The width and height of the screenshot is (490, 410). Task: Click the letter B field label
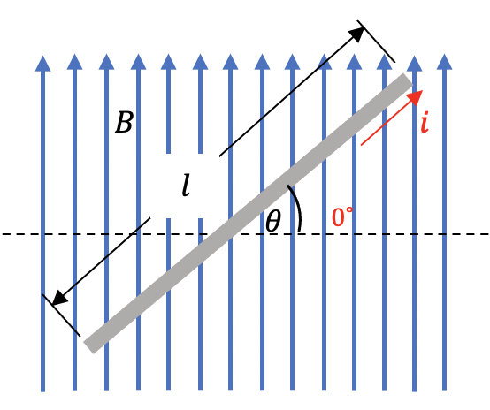(125, 122)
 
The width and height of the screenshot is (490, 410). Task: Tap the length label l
(186, 186)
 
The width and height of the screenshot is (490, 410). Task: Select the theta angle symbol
(273, 220)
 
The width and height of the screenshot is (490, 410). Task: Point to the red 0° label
(342, 216)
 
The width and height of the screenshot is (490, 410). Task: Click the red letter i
(425, 122)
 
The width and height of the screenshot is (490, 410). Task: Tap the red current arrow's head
(416, 97)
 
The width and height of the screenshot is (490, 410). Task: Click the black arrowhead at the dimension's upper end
(356, 34)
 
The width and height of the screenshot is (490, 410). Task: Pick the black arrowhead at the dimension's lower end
(59, 298)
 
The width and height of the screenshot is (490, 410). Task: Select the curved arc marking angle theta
(296, 208)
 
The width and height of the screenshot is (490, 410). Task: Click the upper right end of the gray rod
(408, 80)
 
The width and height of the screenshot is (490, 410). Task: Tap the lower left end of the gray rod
(88, 347)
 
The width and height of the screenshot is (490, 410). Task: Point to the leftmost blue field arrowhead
(42, 64)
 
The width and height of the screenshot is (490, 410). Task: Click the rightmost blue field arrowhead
(444, 62)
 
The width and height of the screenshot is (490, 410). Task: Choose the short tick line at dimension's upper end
(376, 42)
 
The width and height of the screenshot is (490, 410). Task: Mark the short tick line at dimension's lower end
(61, 315)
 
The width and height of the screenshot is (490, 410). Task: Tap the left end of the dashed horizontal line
(2, 234)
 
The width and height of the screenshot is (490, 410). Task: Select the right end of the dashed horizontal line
(488, 234)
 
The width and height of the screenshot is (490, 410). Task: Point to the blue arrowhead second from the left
(74, 62)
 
